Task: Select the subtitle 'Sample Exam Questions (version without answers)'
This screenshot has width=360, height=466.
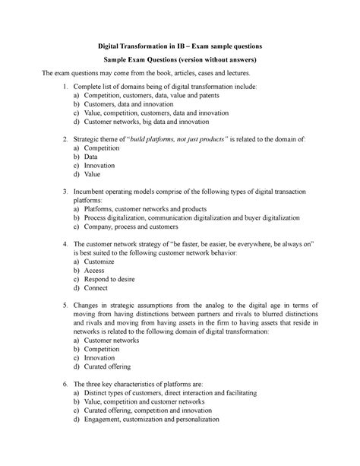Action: point(179,58)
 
